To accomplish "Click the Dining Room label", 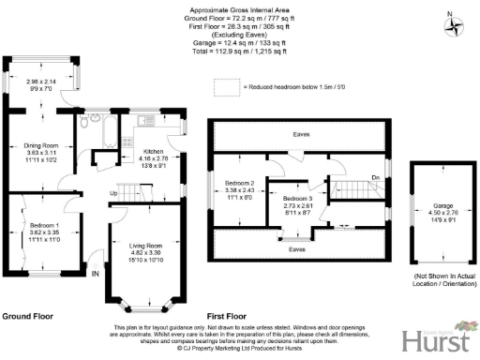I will pos(41,145).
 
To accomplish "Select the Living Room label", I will pos(143,246).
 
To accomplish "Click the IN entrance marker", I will pos(95,274).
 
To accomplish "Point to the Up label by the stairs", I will pos(114,193).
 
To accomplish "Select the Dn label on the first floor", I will pos(374,176).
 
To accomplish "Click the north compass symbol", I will pos(456,25).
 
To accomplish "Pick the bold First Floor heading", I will pos(231,317).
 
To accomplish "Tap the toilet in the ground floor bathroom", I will pos(84,121).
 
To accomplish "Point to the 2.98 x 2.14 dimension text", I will pos(40,82).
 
